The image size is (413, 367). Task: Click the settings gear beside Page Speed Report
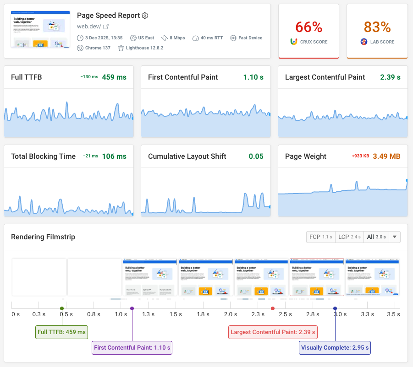point(145,16)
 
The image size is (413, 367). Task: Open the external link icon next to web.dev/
point(106,27)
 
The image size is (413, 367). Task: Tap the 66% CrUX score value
point(308,27)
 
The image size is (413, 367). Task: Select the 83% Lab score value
point(377,27)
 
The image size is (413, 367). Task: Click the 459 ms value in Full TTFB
point(114,77)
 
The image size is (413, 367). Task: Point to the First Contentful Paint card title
point(183,77)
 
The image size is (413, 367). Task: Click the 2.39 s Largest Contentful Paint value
point(390,77)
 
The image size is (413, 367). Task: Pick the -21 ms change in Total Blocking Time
point(90,157)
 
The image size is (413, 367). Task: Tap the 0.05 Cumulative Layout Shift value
point(256,157)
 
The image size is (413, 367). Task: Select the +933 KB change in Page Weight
point(360,157)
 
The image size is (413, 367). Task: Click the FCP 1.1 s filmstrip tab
point(321,237)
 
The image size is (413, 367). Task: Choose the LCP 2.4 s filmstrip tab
point(349,237)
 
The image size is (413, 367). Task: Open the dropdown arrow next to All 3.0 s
point(394,237)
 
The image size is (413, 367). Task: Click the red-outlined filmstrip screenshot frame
point(317,277)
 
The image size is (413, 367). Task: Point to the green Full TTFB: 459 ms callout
point(61,332)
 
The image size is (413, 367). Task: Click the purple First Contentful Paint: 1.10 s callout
point(132,348)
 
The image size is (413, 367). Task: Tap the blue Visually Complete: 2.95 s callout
point(335,348)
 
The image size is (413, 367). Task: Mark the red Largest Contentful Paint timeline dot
point(273,308)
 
